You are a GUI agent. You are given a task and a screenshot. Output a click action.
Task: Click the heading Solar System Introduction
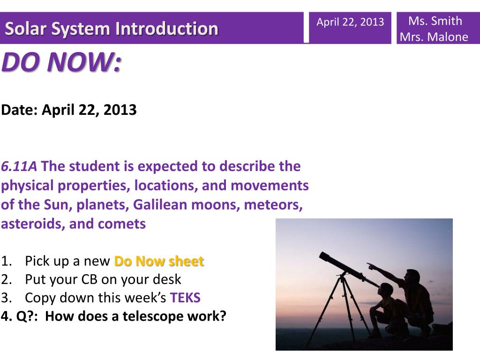pyautogui.click(x=112, y=29)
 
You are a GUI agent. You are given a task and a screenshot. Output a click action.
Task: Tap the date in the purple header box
pyautogui.click(x=350, y=22)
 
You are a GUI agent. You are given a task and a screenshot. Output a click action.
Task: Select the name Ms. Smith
pyautogui.click(x=435, y=21)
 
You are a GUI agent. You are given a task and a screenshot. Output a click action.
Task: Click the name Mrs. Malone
pyautogui.click(x=434, y=37)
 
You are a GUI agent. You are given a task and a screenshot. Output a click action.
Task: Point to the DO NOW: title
pyautogui.click(x=61, y=62)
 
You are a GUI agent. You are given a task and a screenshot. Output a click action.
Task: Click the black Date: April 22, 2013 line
pyautogui.click(x=69, y=110)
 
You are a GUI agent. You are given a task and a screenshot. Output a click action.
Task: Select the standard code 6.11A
pyautogui.click(x=19, y=166)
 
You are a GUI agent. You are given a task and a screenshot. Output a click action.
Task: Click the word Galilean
pyautogui.click(x=160, y=204)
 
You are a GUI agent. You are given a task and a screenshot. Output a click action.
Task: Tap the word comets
pyautogui.click(x=122, y=224)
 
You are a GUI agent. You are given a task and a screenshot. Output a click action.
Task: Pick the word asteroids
pyautogui.click(x=33, y=224)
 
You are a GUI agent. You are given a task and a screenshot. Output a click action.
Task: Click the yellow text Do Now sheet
pyautogui.click(x=159, y=261)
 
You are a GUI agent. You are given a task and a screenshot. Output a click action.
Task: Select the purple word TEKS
pyautogui.click(x=185, y=298)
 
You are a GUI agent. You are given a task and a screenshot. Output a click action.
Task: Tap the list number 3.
pyautogui.click(x=6, y=298)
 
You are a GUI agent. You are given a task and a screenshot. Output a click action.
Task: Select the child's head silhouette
pyautogui.click(x=386, y=290)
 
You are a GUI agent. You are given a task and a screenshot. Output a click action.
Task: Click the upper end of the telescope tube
pyautogui.click(x=322, y=255)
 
